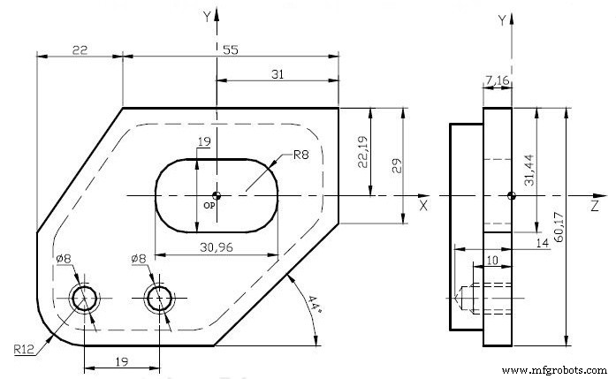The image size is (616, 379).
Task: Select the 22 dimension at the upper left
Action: click(79, 52)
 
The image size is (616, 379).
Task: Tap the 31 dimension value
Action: click(277, 76)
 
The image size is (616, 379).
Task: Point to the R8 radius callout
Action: click(301, 157)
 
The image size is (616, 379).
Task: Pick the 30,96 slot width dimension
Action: click(216, 248)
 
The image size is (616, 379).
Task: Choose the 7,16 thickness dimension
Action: click(496, 82)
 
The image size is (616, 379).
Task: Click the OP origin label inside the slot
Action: click(210, 204)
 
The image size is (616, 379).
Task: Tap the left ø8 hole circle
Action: click(86, 297)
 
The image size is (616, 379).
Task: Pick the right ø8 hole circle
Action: click(160, 297)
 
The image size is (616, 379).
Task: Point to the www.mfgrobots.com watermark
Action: click(555, 369)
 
